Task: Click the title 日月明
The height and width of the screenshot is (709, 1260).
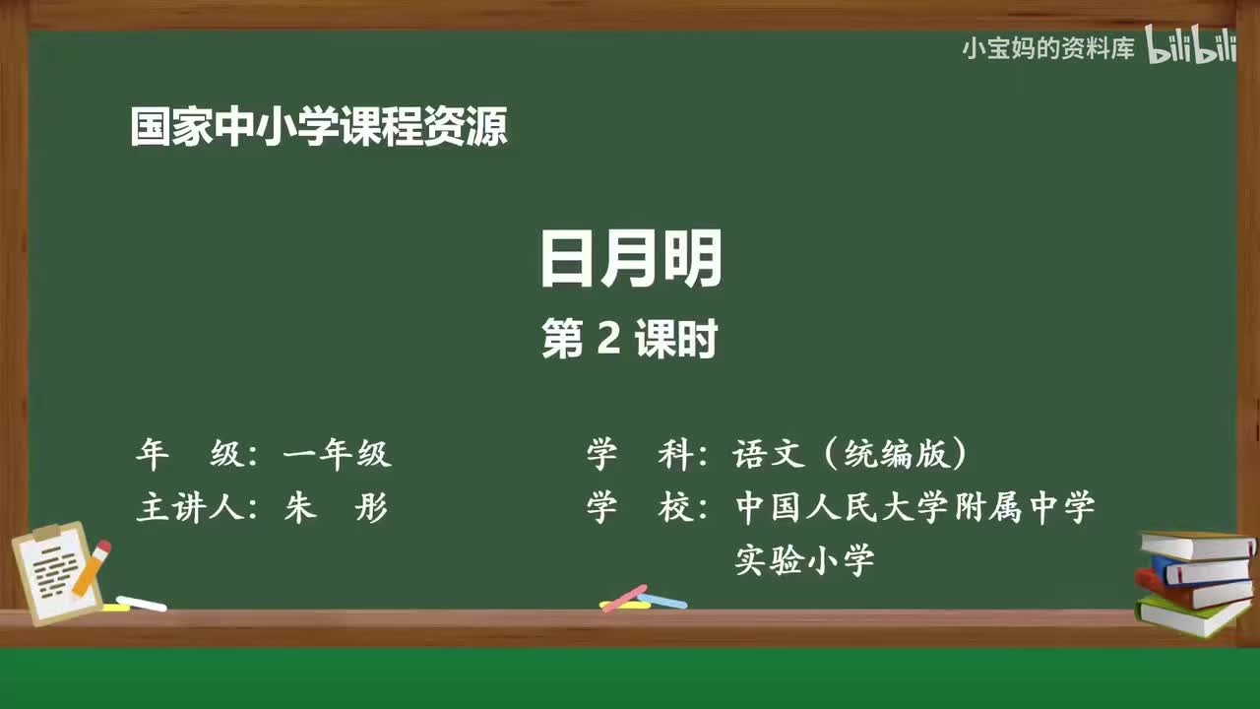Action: click(x=631, y=258)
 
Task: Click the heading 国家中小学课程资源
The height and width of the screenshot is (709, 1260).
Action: click(x=319, y=128)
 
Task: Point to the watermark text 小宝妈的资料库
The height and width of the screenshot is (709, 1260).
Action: click(x=1048, y=48)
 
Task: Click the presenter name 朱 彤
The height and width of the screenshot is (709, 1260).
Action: click(x=336, y=508)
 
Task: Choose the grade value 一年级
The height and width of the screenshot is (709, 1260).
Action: click(x=337, y=454)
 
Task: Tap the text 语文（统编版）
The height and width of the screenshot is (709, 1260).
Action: click(x=850, y=454)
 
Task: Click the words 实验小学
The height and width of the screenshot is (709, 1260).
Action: click(x=805, y=561)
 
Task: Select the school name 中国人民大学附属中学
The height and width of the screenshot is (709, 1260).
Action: click(x=914, y=508)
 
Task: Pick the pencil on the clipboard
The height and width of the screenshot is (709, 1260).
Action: click(x=91, y=568)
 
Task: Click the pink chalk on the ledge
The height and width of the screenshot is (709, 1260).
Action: click(x=624, y=598)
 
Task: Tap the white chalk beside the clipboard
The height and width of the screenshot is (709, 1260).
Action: click(x=141, y=603)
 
